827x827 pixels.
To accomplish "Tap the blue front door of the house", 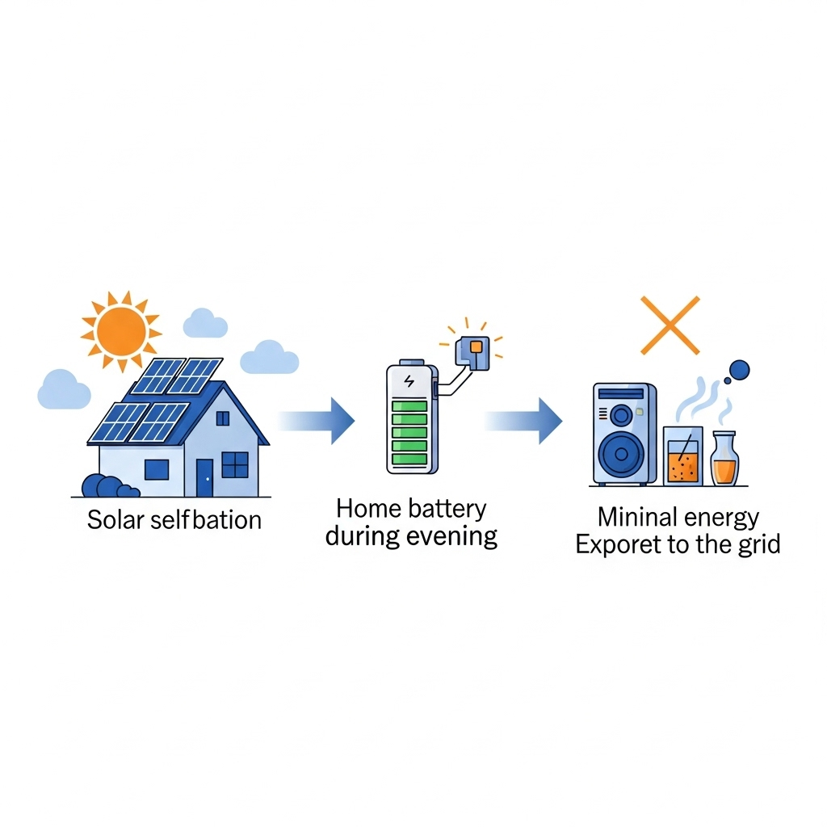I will [x=204, y=476].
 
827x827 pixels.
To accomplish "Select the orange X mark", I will [x=670, y=325].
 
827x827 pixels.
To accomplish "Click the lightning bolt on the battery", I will [x=409, y=381].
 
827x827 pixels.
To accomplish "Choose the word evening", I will [x=454, y=536].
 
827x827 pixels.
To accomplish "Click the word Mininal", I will [x=634, y=517].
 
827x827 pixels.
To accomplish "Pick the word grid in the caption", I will [x=758, y=544].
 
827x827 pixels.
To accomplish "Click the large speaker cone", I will [x=622, y=452].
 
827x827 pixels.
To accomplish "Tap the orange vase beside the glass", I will [x=724, y=462].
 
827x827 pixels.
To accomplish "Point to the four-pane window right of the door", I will [x=235, y=464].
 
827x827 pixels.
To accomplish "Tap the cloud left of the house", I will [x=63, y=390].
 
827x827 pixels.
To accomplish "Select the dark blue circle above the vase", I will [x=738, y=371].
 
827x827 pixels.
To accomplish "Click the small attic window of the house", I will [x=223, y=418].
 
